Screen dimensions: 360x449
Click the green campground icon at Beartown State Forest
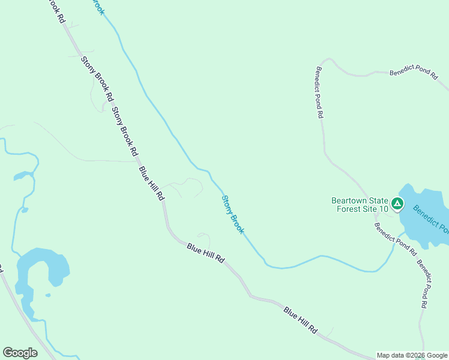(397, 205)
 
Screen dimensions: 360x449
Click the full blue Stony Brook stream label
(233, 214)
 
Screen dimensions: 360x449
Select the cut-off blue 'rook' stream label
(98, 5)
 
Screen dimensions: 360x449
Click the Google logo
(20, 353)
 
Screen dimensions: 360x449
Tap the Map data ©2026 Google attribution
(411, 355)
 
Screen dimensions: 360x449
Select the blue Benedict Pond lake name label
(431, 218)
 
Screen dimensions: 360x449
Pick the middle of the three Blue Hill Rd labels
(205, 254)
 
